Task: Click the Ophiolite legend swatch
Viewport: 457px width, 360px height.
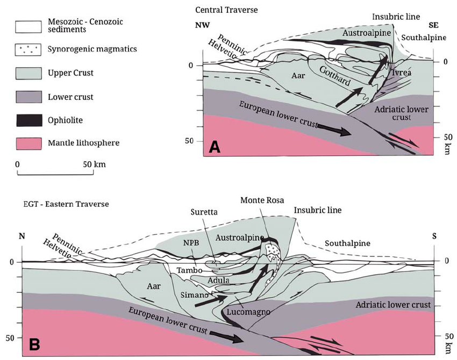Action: coord(30,121)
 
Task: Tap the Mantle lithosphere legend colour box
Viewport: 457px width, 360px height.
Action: coord(30,144)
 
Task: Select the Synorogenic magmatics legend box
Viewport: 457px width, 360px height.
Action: coord(30,49)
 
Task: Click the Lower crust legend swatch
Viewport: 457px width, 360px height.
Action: coord(30,97)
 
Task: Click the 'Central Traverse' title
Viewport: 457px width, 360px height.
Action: coord(220,10)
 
